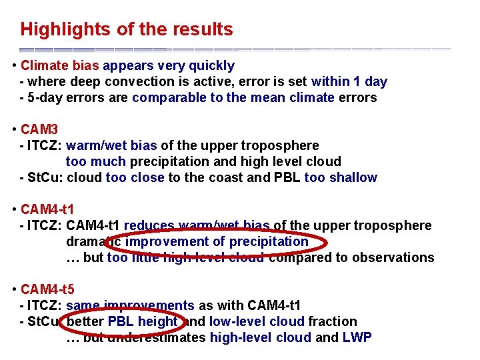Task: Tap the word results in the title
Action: point(204,29)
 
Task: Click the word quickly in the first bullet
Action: point(212,65)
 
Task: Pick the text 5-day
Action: point(44,97)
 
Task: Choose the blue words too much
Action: point(96,161)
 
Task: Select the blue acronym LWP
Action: point(357,337)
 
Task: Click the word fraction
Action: point(333,321)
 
